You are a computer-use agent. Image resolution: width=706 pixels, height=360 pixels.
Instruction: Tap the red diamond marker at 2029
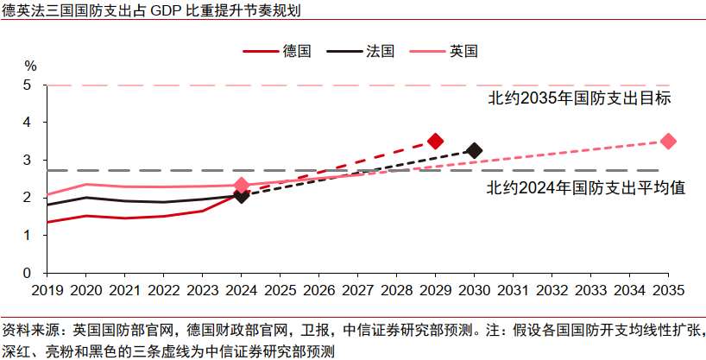(435, 141)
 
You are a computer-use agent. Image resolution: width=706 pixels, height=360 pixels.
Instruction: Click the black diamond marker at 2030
(474, 150)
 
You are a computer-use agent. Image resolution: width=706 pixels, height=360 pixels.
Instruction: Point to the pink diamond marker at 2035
(667, 141)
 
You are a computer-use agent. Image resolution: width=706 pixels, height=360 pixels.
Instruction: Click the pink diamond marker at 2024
(242, 185)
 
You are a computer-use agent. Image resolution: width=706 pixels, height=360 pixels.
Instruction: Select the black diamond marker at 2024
(242, 196)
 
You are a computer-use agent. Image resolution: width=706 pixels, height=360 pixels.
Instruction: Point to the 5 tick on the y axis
(28, 85)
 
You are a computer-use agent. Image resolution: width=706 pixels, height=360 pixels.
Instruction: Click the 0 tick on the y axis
(28, 272)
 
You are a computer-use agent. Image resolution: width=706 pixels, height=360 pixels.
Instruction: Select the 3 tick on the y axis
(28, 160)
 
